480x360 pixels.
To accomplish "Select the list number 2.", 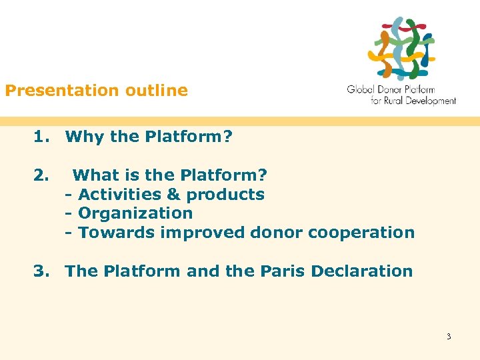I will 41,175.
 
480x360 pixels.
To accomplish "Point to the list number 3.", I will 41,271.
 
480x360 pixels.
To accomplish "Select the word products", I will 225,195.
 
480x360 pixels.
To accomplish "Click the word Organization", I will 135,213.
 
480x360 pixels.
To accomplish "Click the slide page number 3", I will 449,337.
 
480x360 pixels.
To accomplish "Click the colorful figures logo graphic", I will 401,48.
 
